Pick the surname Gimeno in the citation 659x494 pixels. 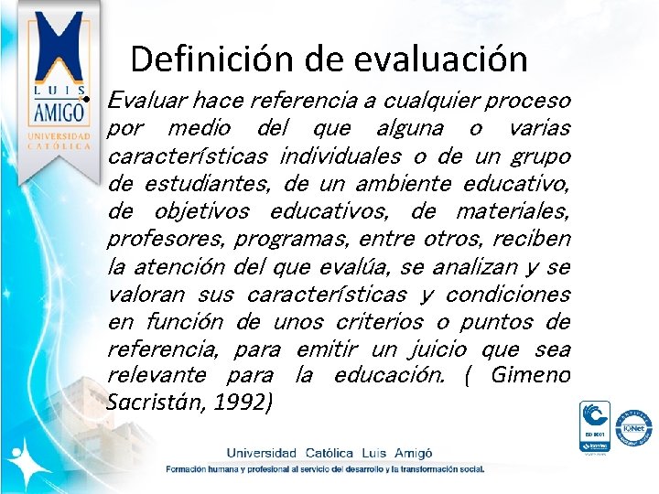(x=531, y=376)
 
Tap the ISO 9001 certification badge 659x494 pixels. (x=595, y=426)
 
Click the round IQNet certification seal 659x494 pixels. (x=633, y=427)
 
